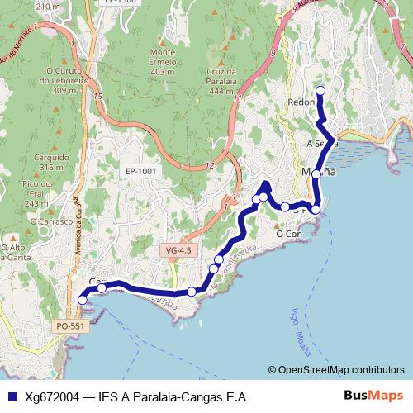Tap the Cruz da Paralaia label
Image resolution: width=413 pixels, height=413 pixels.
coord(216,76)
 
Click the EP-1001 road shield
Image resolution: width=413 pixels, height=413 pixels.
coord(141,171)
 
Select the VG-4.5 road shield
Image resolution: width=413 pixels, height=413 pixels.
coord(178,249)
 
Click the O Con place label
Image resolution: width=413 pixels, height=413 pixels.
coord(290,234)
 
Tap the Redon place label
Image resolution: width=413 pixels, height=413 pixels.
coord(301,102)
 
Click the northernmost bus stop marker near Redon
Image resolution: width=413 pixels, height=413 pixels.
coord(320,90)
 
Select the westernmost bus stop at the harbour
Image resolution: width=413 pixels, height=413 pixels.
coord(83,300)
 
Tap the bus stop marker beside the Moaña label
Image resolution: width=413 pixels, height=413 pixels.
coord(316,174)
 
